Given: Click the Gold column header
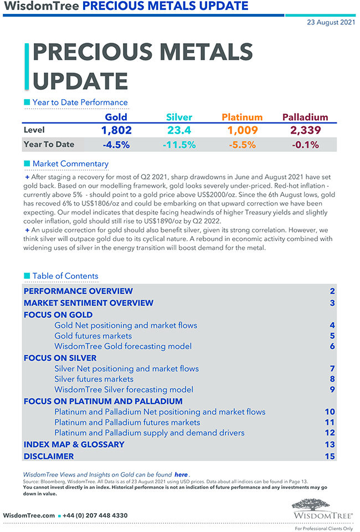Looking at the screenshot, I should click(x=116, y=117).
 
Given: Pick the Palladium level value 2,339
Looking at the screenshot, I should click(x=305, y=130).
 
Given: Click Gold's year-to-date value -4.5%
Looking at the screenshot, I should click(x=116, y=145).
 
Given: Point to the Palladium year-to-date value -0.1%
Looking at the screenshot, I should click(x=305, y=145).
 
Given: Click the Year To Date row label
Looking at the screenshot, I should click(x=49, y=145).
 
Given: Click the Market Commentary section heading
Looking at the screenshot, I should click(x=70, y=163).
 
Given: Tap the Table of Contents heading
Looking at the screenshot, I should click(x=65, y=276).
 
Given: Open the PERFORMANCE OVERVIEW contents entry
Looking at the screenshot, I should click(x=78, y=291).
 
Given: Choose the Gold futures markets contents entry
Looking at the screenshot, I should click(x=93, y=336).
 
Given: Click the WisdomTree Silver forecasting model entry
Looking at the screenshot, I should click(x=124, y=390).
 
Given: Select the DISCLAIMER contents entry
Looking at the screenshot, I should click(x=49, y=457).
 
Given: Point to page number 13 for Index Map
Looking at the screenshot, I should click(x=330, y=444).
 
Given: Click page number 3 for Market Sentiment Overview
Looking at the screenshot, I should click(x=332, y=303).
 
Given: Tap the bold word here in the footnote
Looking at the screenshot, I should click(x=181, y=475).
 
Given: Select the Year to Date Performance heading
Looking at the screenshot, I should click(x=80, y=103).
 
